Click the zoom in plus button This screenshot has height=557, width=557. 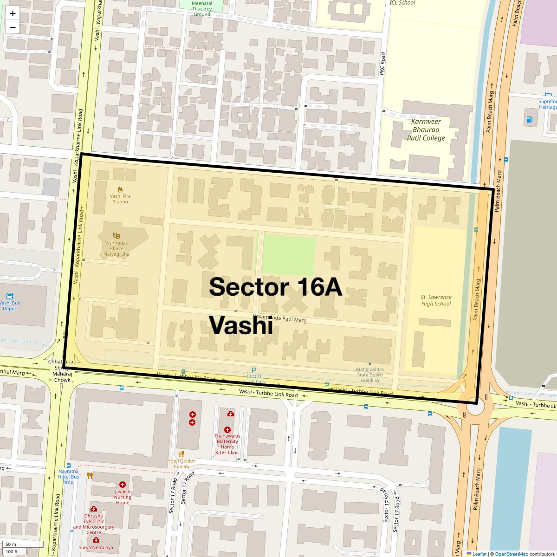pyautogui.click(x=13, y=13)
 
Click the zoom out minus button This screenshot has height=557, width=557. pyautogui.click(x=13, y=27)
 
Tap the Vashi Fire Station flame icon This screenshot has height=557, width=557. pyautogui.click(x=120, y=189)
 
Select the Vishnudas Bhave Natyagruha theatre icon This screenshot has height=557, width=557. pyautogui.click(x=117, y=236)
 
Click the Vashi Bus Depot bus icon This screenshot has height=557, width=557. pyautogui.click(x=10, y=296)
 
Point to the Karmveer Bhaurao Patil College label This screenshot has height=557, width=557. pyautogui.click(x=426, y=130)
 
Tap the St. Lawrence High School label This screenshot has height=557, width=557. pyautogui.click(x=436, y=300)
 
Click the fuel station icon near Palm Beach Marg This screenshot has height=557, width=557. pyautogui.click(x=529, y=119)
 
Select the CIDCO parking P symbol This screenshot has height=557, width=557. pyautogui.click(x=253, y=370)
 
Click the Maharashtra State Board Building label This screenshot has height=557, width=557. pyautogui.click(x=369, y=375)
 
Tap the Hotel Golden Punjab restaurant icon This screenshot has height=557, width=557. pyautogui.click(x=181, y=453)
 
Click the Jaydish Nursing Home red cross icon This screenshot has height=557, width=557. pyautogui.click(x=123, y=485)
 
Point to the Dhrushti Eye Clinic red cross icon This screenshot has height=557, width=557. pyautogui.click(x=94, y=509)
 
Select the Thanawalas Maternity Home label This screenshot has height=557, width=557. pyautogui.click(x=227, y=444)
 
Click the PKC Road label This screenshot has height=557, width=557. pyautogui.click(x=382, y=64)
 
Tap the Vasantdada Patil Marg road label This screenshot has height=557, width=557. pyautogui.click(x=280, y=319)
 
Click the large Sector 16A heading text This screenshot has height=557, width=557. pyautogui.click(x=276, y=287)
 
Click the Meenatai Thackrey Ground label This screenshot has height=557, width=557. pyautogui.click(x=202, y=8)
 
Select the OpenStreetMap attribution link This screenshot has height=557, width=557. pyautogui.click(x=511, y=554)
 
